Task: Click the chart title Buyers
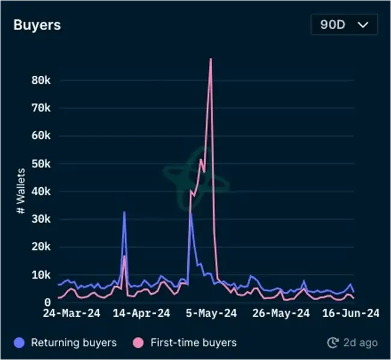click(37, 25)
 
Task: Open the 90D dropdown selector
click(344, 25)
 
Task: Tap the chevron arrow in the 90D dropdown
click(363, 25)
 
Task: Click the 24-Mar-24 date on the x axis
click(72, 313)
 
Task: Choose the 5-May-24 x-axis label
click(212, 313)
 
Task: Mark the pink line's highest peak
click(211, 59)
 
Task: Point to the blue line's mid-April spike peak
click(125, 212)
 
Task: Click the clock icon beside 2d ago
click(333, 343)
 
